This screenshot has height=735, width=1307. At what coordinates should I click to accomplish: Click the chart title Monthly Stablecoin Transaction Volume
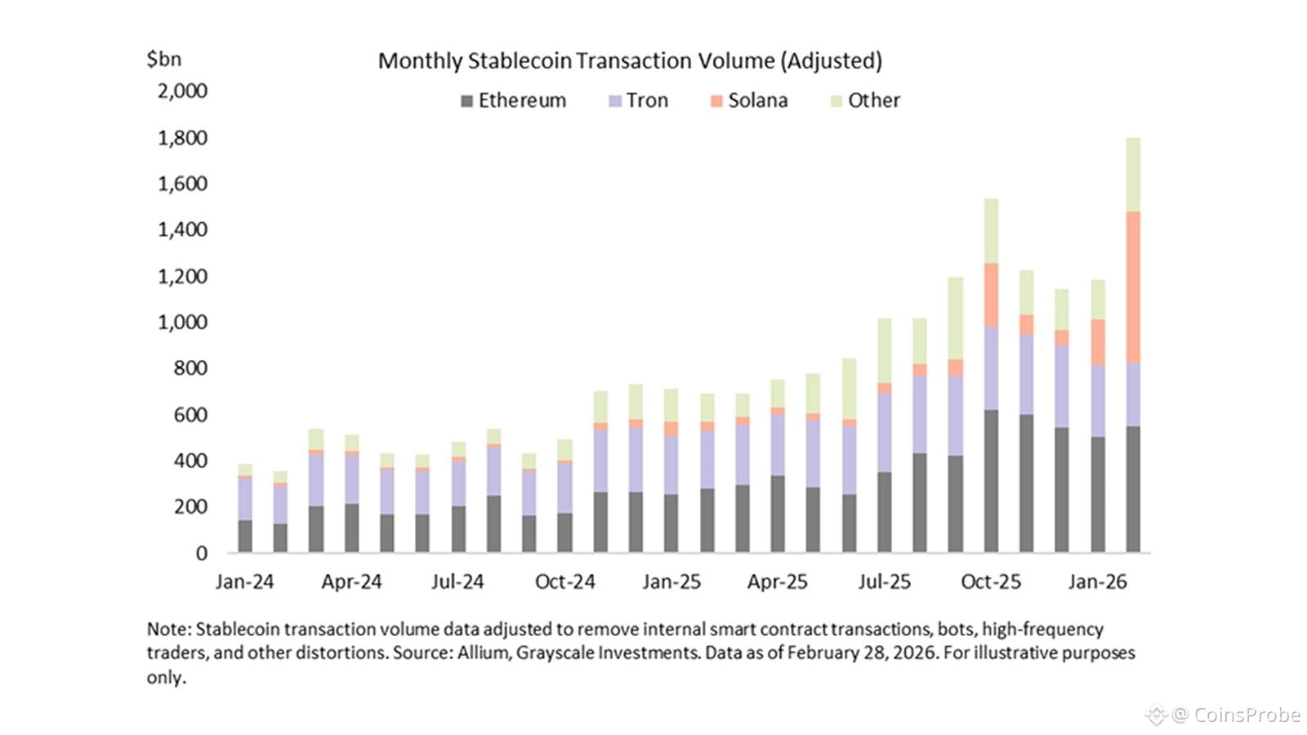tap(630, 61)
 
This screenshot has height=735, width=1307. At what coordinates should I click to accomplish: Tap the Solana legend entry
tap(749, 100)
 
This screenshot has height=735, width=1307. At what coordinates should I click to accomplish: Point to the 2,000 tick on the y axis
tap(182, 91)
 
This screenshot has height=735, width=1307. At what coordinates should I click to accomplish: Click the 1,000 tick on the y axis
tap(182, 322)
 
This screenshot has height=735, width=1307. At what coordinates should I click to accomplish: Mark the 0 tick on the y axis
tap(201, 554)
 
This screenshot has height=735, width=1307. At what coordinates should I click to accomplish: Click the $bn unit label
tap(163, 60)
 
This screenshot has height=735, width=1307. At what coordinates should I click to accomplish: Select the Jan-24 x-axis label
tap(244, 582)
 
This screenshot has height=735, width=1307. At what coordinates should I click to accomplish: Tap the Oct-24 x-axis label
tap(564, 582)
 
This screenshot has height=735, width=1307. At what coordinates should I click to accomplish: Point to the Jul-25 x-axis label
tap(884, 582)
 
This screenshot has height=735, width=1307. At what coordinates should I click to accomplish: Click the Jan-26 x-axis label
tap(1097, 582)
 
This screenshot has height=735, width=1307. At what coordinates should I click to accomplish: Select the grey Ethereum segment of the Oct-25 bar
tap(991, 482)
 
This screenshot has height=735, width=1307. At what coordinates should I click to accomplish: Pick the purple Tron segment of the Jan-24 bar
tap(245, 499)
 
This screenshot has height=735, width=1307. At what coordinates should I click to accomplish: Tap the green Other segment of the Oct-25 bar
tap(991, 231)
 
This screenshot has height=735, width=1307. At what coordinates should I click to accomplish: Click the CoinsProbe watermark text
tap(1247, 715)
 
